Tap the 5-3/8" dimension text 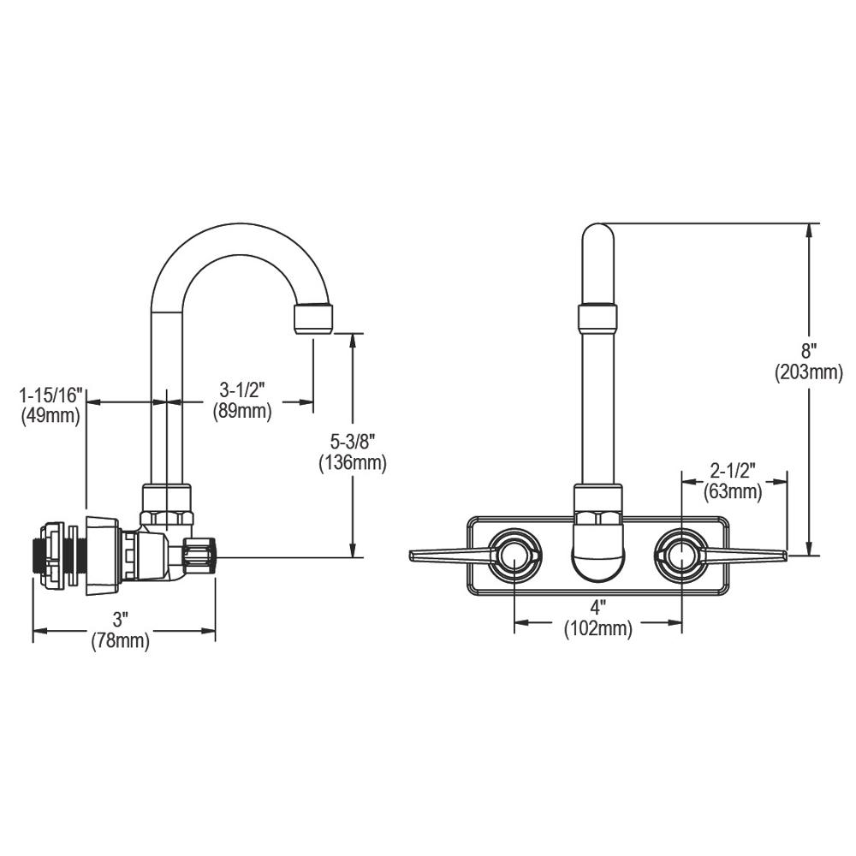click(x=352, y=443)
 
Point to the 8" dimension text click(x=809, y=351)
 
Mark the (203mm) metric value click(x=809, y=372)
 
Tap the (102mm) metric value click(x=597, y=630)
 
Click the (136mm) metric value click(x=352, y=464)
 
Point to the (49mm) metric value click(x=50, y=416)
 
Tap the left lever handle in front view click(x=449, y=556)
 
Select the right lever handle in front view click(x=745, y=556)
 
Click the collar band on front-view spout click(x=597, y=318)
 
